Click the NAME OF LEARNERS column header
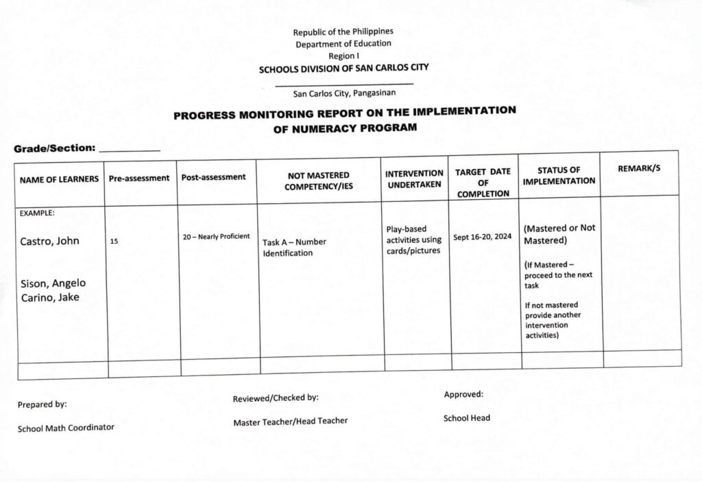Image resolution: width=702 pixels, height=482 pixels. point(59,179)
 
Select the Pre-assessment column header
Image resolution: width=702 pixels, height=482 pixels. point(139,178)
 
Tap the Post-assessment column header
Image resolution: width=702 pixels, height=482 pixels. point(213,177)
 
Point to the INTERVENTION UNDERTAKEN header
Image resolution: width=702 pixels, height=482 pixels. point(414,179)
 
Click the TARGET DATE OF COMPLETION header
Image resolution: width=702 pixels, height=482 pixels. point(483,183)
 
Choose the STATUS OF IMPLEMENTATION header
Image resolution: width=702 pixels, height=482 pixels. point(559,175)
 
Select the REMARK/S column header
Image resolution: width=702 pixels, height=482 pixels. point(639,168)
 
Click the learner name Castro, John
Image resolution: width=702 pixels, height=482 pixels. point(49,241)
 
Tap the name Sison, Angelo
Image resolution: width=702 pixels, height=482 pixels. point(53,283)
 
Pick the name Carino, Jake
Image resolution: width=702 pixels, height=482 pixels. point(49,297)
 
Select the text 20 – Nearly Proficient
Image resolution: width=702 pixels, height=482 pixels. point(216,237)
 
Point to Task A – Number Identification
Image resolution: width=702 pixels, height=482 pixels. point(294,247)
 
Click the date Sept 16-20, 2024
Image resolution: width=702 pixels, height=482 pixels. point(483,238)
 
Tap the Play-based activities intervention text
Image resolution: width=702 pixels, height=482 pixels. point(413,240)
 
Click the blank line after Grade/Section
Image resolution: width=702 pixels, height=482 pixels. point(130,150)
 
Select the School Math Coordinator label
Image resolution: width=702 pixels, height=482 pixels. point(66,428)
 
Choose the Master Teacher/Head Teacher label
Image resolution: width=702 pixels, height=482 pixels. point(290,421)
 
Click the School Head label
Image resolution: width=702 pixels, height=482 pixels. point(466,417)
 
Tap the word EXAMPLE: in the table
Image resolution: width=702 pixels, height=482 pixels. point(37,213)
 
